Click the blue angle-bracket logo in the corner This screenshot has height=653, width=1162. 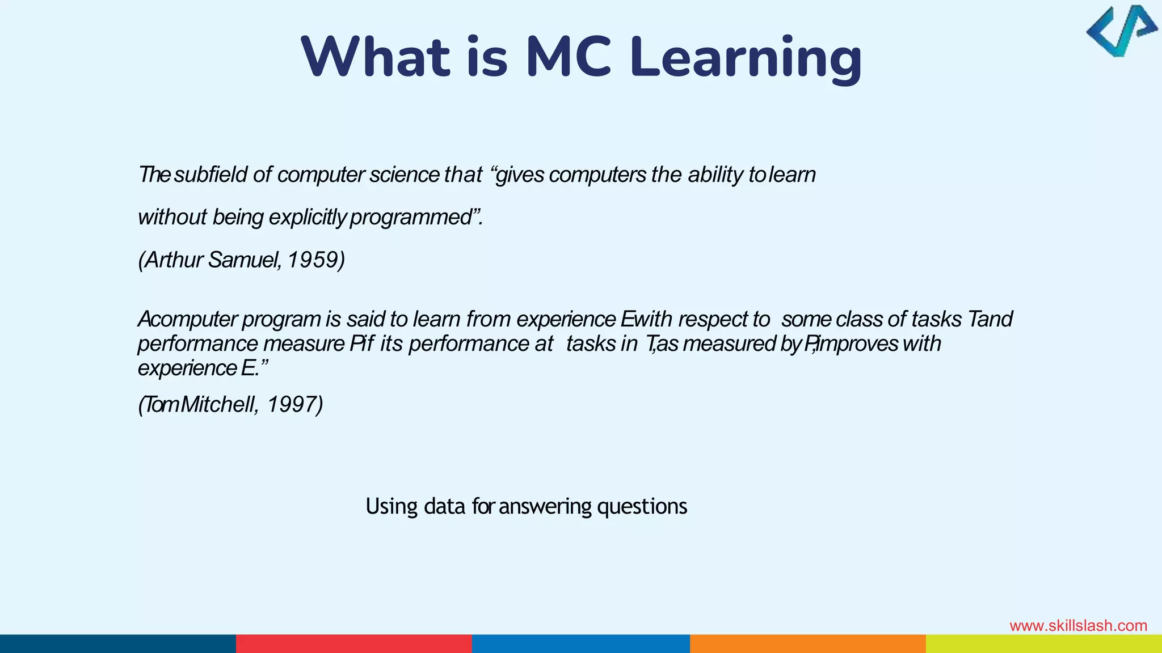click(1121, 31)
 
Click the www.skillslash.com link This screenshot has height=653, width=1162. click(1078, 626)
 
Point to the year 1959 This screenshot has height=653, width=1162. click(315, 260)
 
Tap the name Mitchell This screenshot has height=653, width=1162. click(219, 405)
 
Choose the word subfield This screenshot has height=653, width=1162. click(210, 175)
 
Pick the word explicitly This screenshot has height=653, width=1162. click(307, 218)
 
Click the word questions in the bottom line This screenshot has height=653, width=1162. click(642, 506)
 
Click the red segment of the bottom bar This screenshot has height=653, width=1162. click(353, 643)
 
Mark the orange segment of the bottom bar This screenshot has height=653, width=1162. click(807, 643)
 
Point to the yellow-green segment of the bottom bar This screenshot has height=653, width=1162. click(1043, 643)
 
